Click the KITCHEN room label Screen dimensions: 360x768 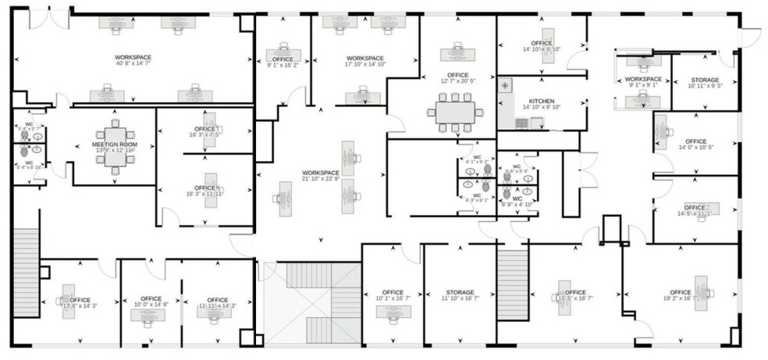tap(542, 102)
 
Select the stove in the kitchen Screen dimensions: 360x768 tap(504, 84)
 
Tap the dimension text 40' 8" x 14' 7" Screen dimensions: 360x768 tap(133, 64)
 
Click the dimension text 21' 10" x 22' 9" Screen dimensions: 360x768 tap(321, 179)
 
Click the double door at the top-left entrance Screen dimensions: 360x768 tap(49, 12)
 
